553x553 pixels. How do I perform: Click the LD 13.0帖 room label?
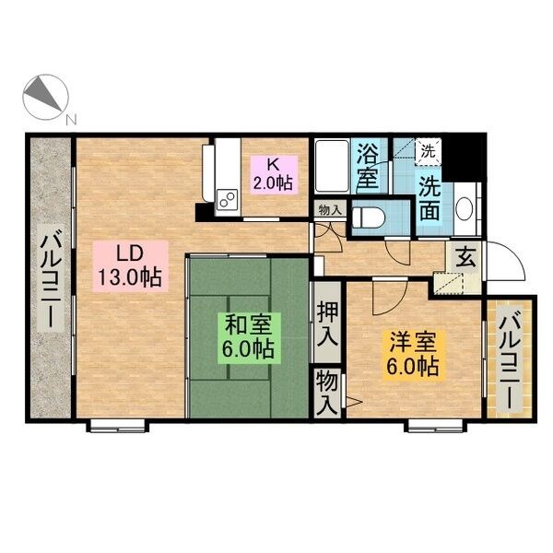click(x=130, y=266)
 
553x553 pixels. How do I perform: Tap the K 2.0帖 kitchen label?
click(x=273, y=173)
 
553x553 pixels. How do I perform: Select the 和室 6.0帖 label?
click(x=249, y=337)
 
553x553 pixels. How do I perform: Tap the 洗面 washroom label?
click(x=429, y=198)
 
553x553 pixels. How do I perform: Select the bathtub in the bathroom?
click(x=332, y=167)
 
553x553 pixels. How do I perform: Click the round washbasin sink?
click(x=464, y=209)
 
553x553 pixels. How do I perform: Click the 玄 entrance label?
click(x=465, y=257)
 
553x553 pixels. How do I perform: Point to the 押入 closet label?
click(x=327, y=323)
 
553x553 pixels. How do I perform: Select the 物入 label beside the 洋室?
click(x=327, y=393)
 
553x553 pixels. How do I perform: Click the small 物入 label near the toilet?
click(x=330, y=210)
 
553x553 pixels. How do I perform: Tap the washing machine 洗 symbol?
click(x=429, y=152)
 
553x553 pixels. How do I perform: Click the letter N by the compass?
click(x=72, y=120)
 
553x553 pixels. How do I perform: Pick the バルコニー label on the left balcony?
click(x=52, y=278)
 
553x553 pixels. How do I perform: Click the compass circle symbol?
click(x=45, y=97)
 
